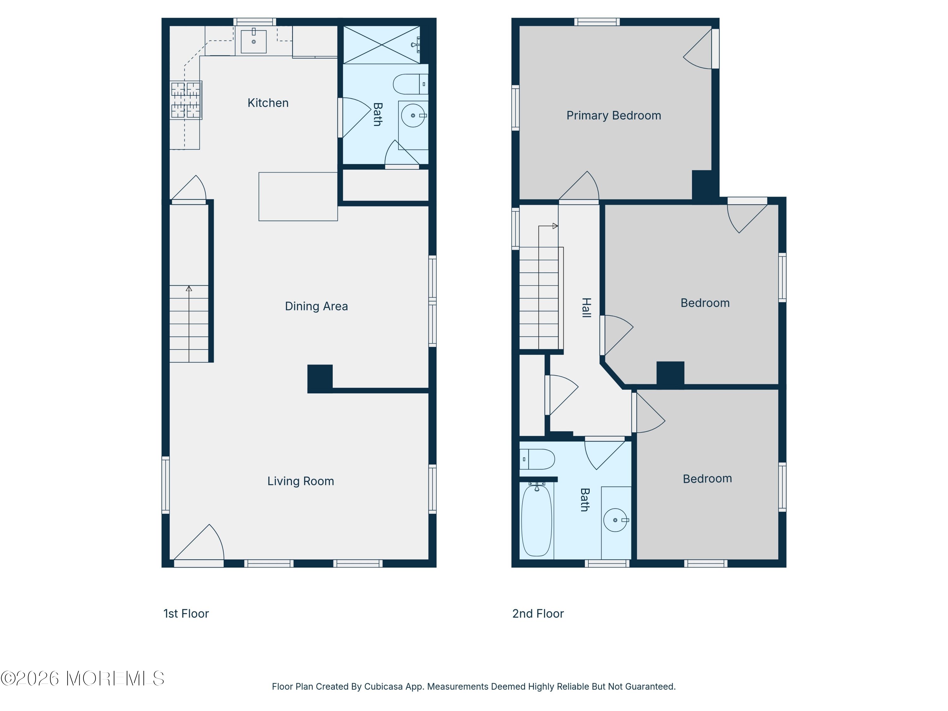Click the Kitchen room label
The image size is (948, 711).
click(x=268, y=103)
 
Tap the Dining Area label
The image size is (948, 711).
click(x=316, y=306)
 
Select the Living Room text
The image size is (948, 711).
click(x=301, y=481)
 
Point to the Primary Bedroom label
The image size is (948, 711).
click(x=614, y=115)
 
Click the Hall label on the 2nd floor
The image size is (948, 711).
click(x=586, y=308)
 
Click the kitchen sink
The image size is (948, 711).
click(x=254, y=41)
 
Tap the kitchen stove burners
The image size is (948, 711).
click(x=185, y=100)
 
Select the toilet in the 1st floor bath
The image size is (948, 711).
click(x=410, y=84)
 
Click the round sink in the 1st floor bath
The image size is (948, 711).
click(x=413, y=115)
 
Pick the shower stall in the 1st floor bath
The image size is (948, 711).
click(x=381, y=45)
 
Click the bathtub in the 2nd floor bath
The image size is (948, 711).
click(x=536, y=520)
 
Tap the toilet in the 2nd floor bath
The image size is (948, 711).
click(x=537, y=459)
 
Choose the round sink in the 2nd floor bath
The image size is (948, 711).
click(x=616, y=520)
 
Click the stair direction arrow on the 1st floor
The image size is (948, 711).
click(x=189, y=324)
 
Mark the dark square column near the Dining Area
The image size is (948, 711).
click(x=320, y=379)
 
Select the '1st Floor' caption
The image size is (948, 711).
click(x=186, y=614)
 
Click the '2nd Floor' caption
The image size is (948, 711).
click(x=538, y=614)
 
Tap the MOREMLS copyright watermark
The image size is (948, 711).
click(x=82, y=678)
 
